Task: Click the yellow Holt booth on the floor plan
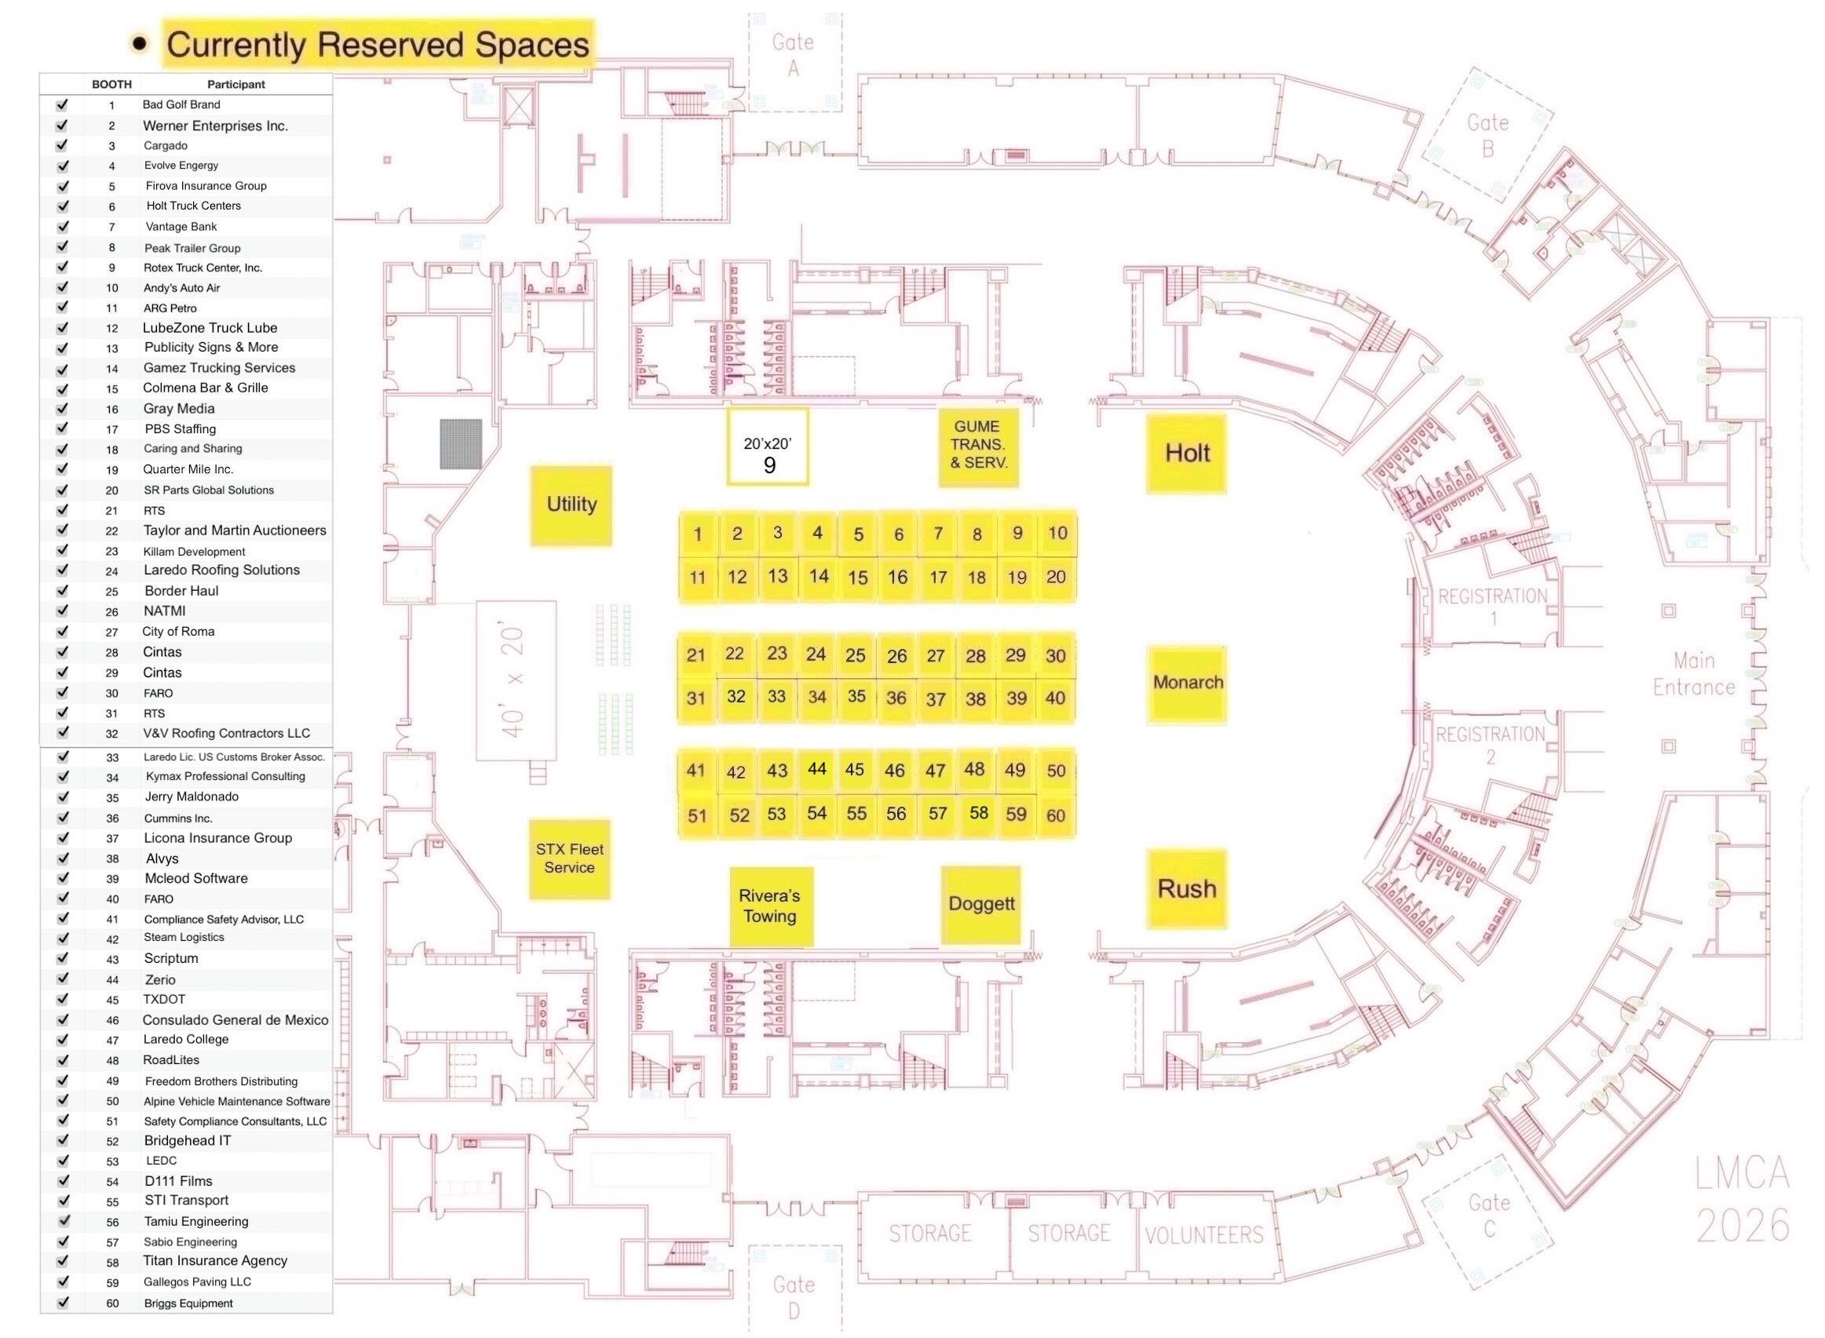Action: point(1186,454)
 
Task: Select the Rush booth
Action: point(1186,888)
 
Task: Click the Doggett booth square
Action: point(980,904)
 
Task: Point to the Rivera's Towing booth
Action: point(769,906)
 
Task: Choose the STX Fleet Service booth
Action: point(568,859)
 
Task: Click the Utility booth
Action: point(571,505)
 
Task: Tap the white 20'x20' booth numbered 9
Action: point(767,447)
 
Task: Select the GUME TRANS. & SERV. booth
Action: point(978,446)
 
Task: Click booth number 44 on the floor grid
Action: point(816,768)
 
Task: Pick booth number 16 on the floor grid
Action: point(896,578)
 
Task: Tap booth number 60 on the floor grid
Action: point(1055,815)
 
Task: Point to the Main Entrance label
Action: point(1693,674)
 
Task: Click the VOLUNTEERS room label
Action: point(1203,1235)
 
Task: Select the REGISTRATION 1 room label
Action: point(1492,606)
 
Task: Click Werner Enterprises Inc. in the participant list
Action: point(216,126)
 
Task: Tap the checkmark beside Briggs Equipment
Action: point(62,1303)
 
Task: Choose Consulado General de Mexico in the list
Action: point(235,1019)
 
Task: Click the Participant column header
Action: point(235,84)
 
